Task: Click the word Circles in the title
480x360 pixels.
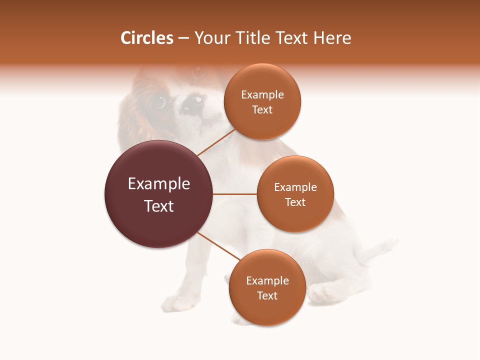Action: click(x=146, y=38)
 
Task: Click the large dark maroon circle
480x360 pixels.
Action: click(x=158, y=194)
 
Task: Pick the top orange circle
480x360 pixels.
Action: click(x=262, y=101)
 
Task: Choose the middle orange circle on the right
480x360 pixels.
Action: click(x=295, y=194)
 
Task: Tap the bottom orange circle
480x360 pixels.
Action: click(x=267, y=287)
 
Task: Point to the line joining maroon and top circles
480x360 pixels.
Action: click(x=215, y=143)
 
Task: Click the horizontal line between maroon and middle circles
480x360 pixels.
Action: click(x=234, y=194)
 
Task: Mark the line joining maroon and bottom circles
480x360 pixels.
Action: click(x=217, y=246)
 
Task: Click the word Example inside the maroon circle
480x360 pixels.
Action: click(x=158, y=184)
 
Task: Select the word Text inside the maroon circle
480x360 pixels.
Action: click(x=158, y=206)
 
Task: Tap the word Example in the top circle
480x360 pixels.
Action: click(x=262, y=94)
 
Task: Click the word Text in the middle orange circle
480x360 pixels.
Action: click(x=295, y=202)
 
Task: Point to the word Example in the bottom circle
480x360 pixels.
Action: click(x=267, y=280)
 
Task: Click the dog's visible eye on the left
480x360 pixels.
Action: click(x=159, y=101)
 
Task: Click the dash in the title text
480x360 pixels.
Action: click(x=183, y=38)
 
